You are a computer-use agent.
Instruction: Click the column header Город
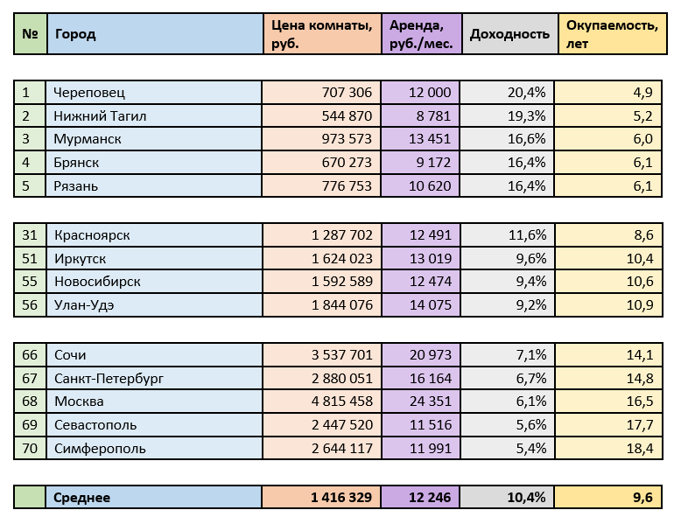75,34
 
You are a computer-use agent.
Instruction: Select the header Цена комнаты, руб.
322,34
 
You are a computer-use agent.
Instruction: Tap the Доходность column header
509,34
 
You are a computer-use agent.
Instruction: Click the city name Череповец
89,92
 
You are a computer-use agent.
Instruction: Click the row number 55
31,282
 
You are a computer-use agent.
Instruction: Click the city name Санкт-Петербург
109,378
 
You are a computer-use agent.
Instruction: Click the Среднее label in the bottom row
82,497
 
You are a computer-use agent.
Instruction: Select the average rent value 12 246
429,497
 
